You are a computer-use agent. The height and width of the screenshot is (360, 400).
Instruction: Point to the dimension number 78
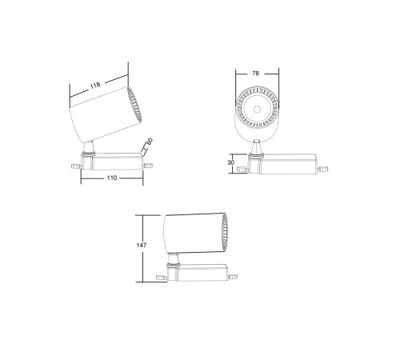tap(255, 73)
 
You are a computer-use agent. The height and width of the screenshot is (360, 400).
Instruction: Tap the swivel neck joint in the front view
tap(256, 147)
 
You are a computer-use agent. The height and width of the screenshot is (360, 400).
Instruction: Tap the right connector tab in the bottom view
tap(234, 275)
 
